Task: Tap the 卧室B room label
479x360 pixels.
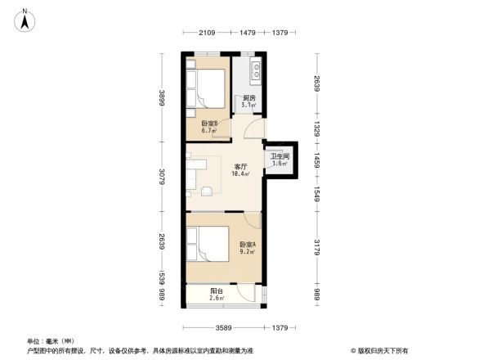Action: coord(209,124)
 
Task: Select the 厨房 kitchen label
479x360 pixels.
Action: coord(248,98)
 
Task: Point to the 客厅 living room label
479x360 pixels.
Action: coord(240,166)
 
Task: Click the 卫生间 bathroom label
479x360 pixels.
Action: coord(280,155)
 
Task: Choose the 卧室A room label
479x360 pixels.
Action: coord(248,245)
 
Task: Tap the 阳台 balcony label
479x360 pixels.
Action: coord(217,290)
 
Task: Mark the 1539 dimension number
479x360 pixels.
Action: coord(163,278)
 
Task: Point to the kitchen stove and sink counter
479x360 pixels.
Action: coord(255,70)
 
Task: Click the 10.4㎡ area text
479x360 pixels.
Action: coord(239,173)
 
